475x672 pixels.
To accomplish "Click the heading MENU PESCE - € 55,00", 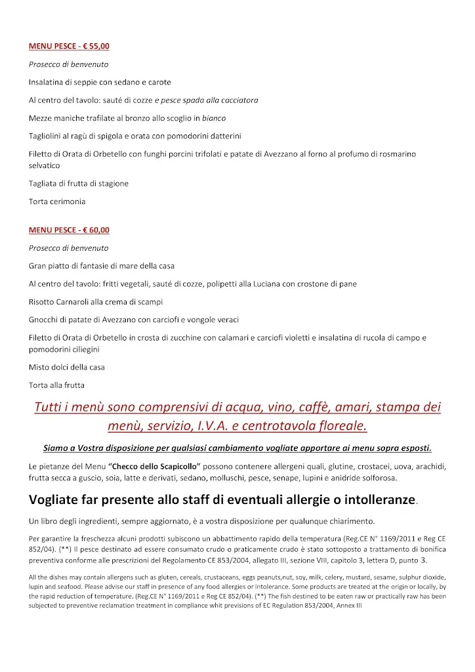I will point(69,47).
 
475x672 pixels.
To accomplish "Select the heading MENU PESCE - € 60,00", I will point(69,230).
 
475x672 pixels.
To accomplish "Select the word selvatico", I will point(45,166).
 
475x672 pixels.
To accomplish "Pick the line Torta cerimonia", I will point(57,201).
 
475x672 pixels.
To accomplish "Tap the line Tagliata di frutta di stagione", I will point(79,184).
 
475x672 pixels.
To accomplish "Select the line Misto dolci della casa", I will point(67,367).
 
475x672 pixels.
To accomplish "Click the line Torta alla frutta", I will point(57,385).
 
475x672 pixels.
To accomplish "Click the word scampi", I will point(148,302).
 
